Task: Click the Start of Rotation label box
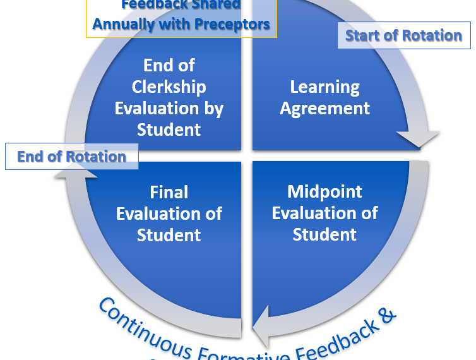pos(403,35)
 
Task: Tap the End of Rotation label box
pos(71,157)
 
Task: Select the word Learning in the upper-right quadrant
pos(324,87)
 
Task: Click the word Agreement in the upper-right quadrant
pos(324,109)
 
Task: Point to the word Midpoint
pos(324,191)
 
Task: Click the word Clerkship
pos(169,87)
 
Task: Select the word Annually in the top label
pos(122,25)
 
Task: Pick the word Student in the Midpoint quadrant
pos(324,234)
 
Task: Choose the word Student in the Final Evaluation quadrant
pos(169,235)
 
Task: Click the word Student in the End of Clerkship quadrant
pos(169,130)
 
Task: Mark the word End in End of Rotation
pos(31,157)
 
